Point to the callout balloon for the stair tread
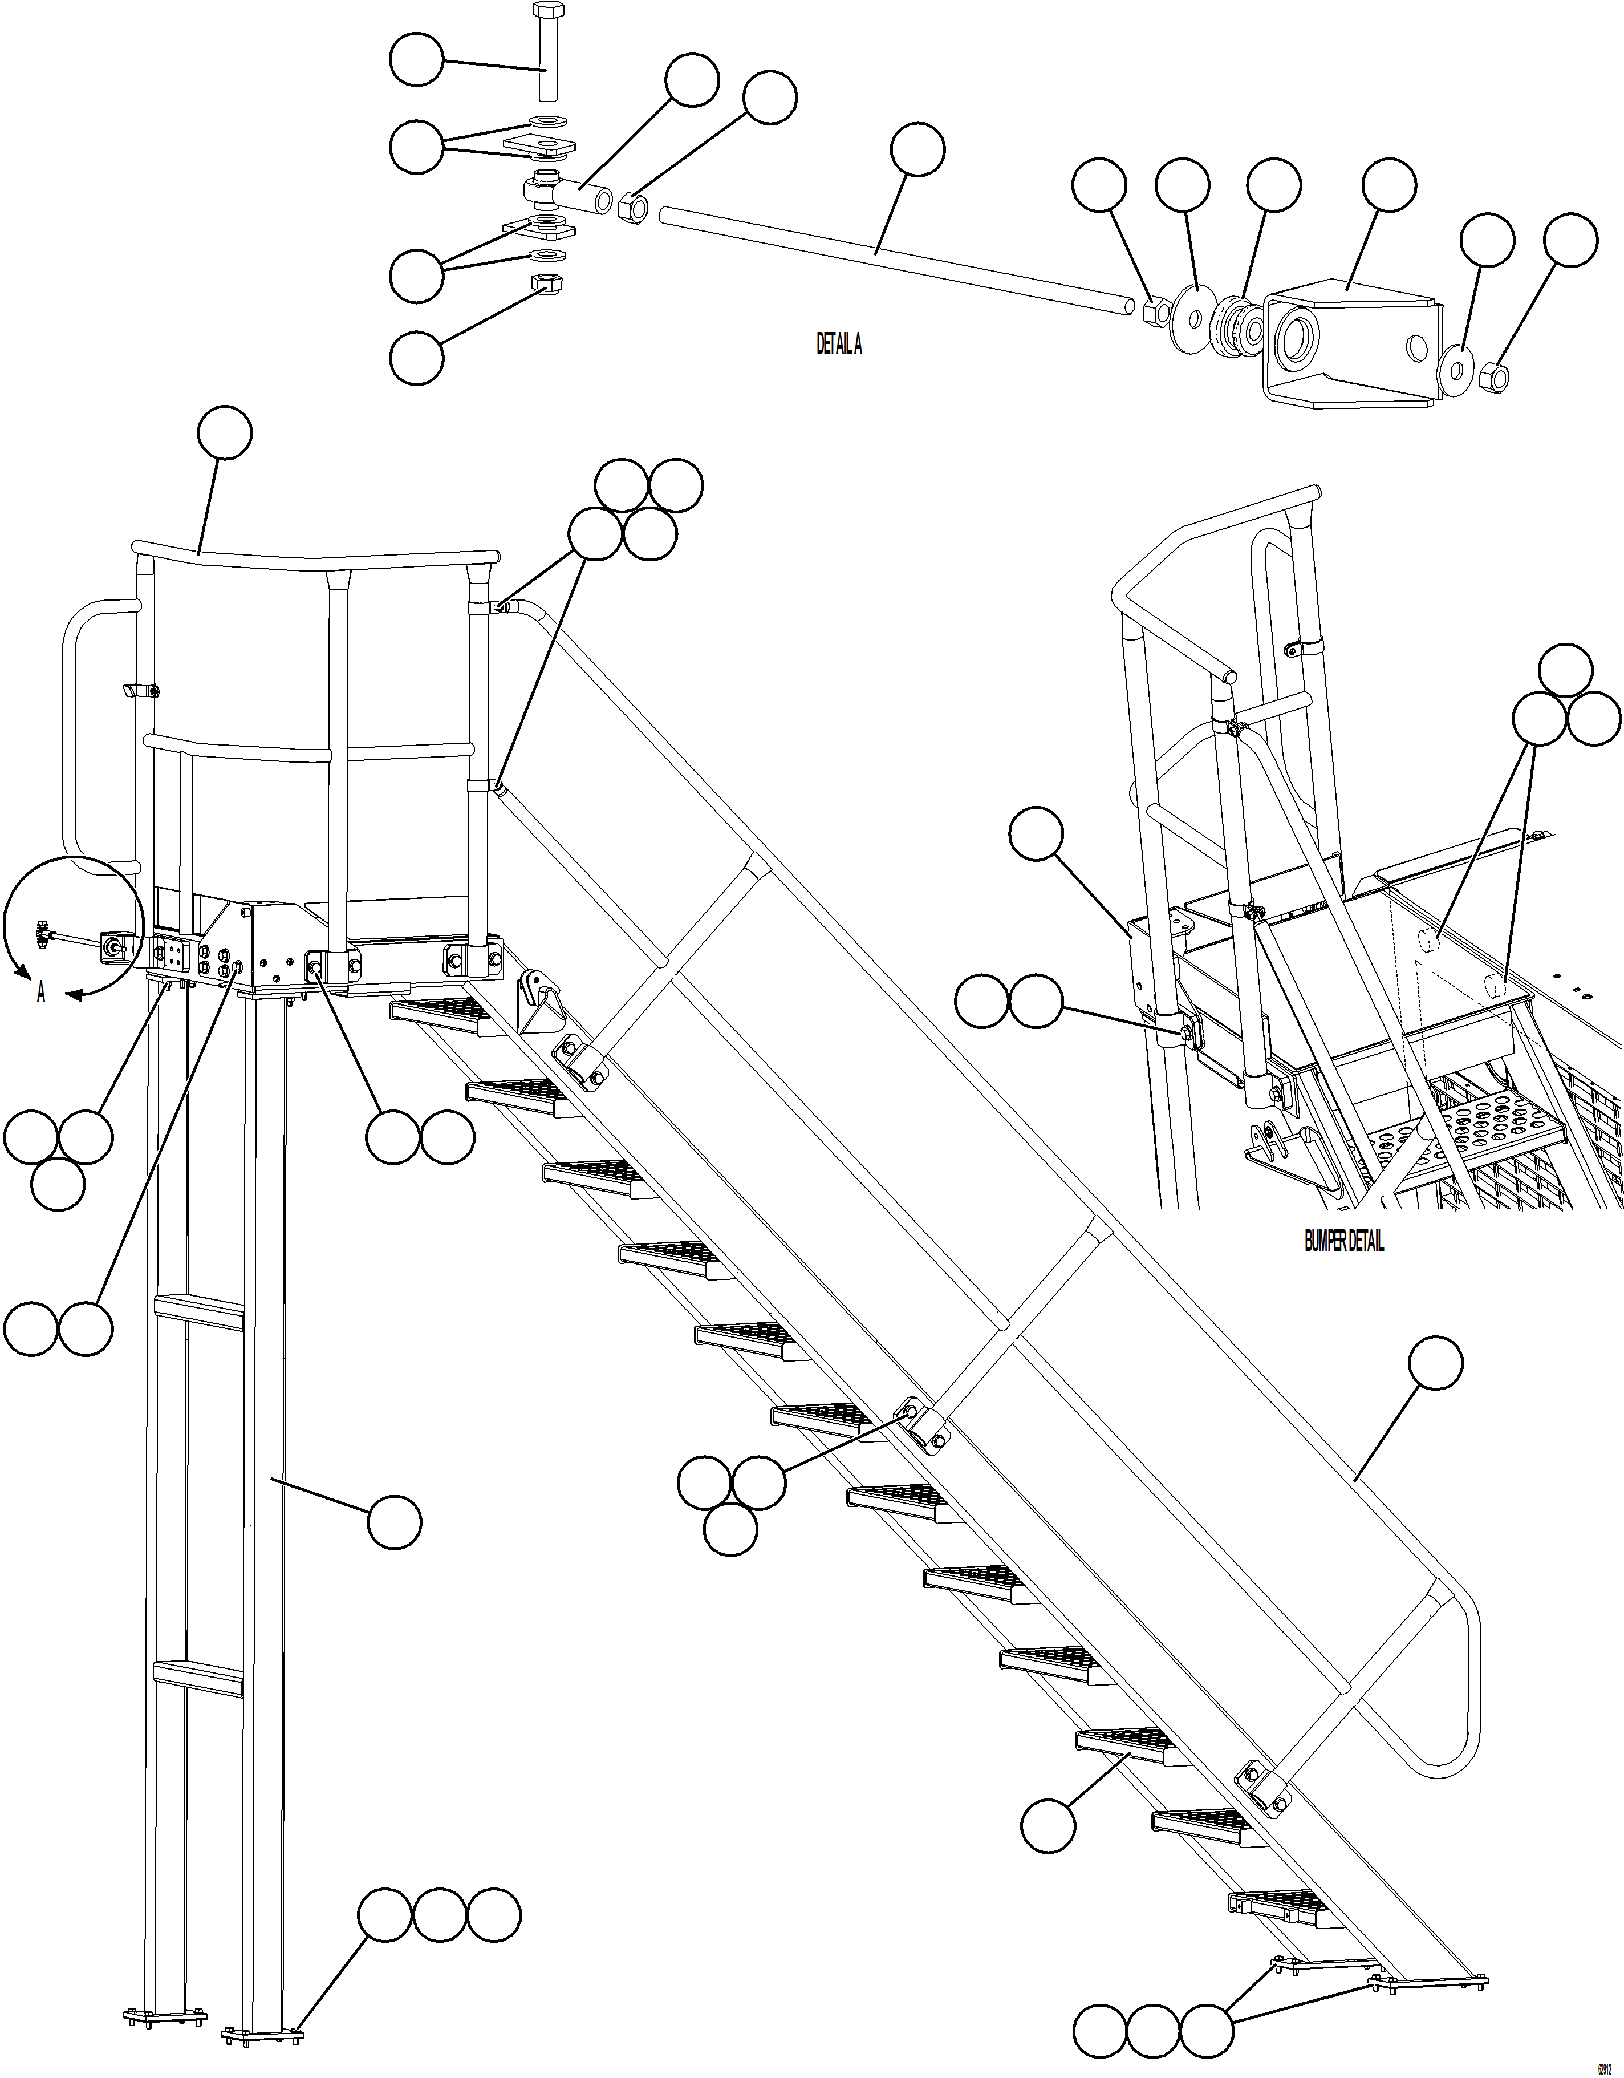pos(1048,1825)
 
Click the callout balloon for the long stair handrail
pos(1436,1363)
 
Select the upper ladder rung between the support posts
pos(200,1311)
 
